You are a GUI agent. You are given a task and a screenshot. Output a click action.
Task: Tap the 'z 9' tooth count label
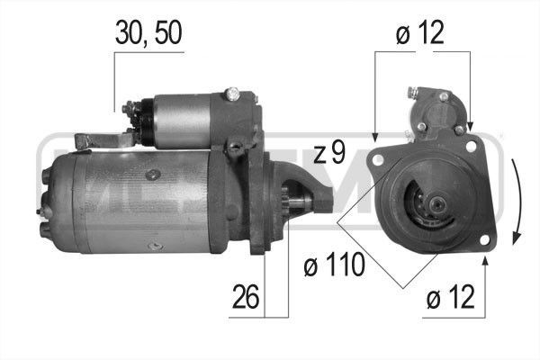click(330, 153)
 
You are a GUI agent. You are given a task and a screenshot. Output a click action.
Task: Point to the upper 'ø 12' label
click(421, 34)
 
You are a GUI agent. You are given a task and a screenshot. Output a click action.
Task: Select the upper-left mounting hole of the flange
click(378, 160)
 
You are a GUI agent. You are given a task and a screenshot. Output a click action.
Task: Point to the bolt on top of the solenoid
click(232, 93)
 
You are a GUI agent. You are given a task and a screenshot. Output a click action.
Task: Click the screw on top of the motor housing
click(156, 171)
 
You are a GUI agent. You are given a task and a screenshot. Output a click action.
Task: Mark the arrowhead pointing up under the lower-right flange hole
click(485, 262)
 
